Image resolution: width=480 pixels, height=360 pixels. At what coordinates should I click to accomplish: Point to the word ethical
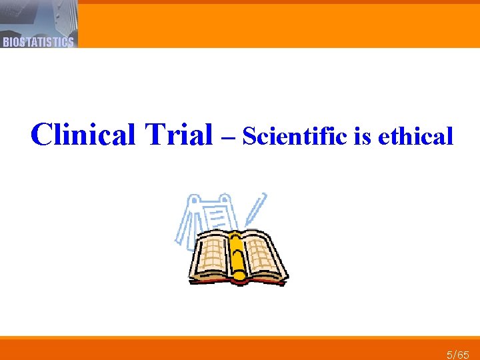[415, 137]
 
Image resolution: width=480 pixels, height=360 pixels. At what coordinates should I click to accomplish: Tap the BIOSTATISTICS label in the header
[38, 42]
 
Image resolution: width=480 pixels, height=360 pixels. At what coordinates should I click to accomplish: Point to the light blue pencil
[254, 210]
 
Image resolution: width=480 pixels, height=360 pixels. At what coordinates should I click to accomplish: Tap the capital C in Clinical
[42, 135]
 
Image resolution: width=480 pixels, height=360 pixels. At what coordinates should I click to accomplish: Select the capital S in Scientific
[249, 137]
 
